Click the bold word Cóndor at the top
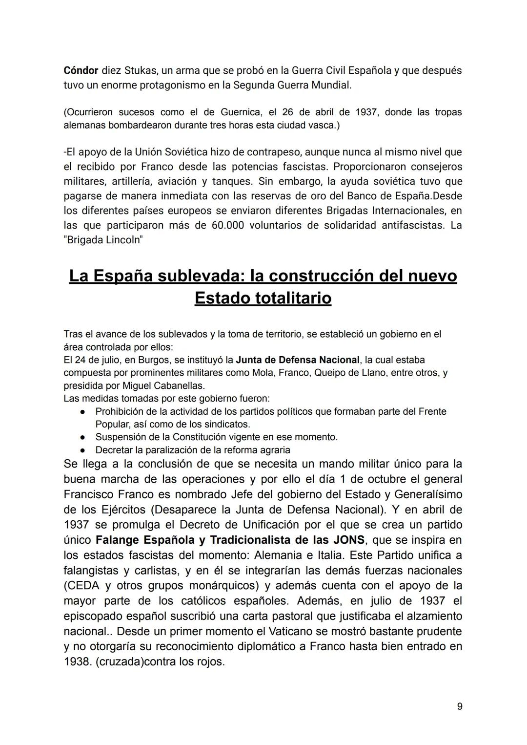tap(81, 70)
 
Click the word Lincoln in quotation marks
tap(123, 241)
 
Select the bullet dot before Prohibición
tap(83, 412)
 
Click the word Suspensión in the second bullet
tap(121, 437)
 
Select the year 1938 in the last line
tap(76, 662)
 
